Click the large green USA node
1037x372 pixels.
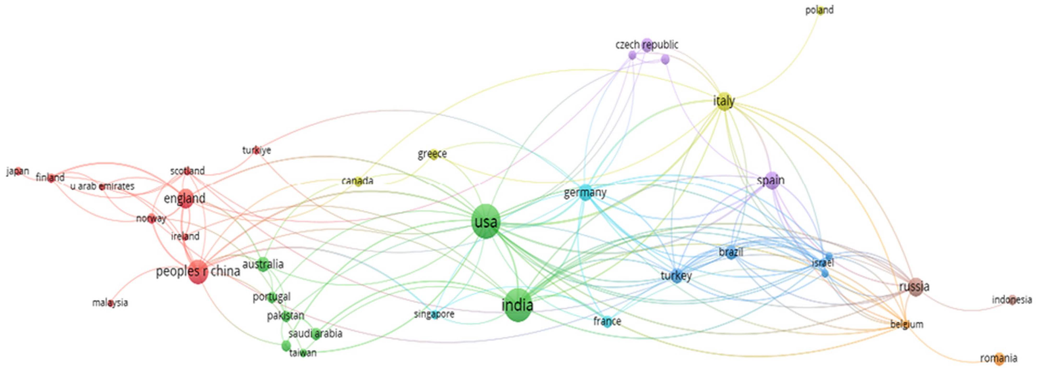(486, 221)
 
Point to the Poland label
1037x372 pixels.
(819, 10)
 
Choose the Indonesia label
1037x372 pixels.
(1012, 300)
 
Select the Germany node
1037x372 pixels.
(585, 193)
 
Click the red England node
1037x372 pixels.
(185, 198)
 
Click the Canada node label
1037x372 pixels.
(357, 181)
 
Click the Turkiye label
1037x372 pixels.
(256, 150)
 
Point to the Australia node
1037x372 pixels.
(263, 264)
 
